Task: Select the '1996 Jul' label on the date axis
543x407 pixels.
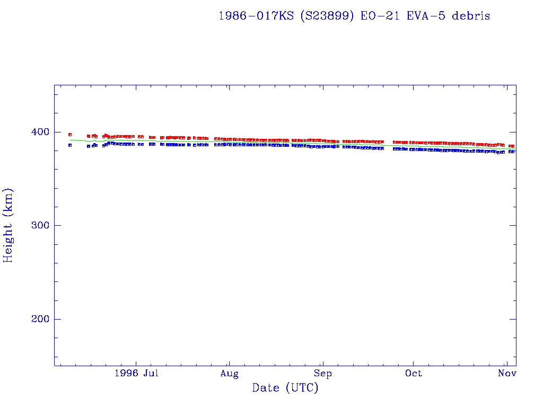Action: (x=136, y=374)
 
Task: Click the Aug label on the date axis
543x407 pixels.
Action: (x=229, y=374)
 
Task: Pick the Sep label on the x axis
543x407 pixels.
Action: (x=322, y=374)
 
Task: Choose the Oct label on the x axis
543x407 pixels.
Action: (x=413, y=374)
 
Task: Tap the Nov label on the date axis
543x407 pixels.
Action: (x=507, y=374)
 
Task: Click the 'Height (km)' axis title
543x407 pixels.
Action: (x=8, y=225)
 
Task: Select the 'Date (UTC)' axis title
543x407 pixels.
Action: (x=285, y=388)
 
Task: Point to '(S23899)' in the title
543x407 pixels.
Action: (x=327, y=16)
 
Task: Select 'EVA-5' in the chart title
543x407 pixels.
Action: (x=426, y=16)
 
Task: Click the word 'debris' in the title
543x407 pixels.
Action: (x=471, y=16)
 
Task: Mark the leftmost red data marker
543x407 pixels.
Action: (x=70, y=135)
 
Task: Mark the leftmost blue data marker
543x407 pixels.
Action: (x=70, y=145)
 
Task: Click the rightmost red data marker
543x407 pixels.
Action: (x=512, y=146)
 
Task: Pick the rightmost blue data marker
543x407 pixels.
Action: (x=512, y=152)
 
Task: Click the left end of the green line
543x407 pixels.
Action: (x=70, y=140)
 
